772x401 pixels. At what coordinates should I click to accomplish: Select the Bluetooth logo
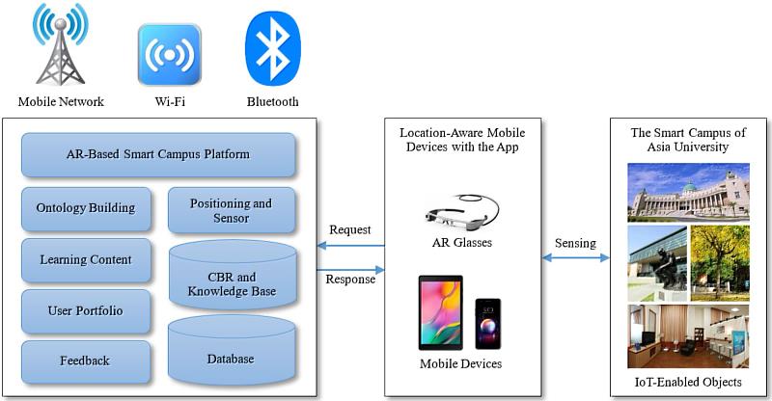pyautogui.click(x=273, y=47)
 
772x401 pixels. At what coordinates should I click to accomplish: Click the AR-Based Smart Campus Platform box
pyautogui.click(x=158, y=154)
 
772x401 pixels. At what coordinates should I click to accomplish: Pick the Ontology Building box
pyautogui.click(x=86, y=208)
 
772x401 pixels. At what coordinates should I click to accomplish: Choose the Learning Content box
pyautogui.click(x=86, y=260)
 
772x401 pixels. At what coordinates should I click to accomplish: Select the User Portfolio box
pyautogui.click(x=86, y=311)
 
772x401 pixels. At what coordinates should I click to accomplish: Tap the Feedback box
pyautogui.click(x=86, y=361)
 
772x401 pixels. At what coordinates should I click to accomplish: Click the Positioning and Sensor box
pyautogui.click(x=231, y=210)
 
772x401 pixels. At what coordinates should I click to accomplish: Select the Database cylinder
pyautogui.click(x=231, y=355)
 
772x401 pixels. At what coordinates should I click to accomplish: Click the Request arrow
pyautogui.click(x=350, y=247)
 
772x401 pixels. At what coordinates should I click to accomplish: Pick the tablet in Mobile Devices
pyautogui.click(x=440, y=312)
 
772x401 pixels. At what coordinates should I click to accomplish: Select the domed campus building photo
pyautogui.click(x=687, y=192)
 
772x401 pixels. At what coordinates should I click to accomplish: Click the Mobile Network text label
pyautogui.click(x=61, y=101)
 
